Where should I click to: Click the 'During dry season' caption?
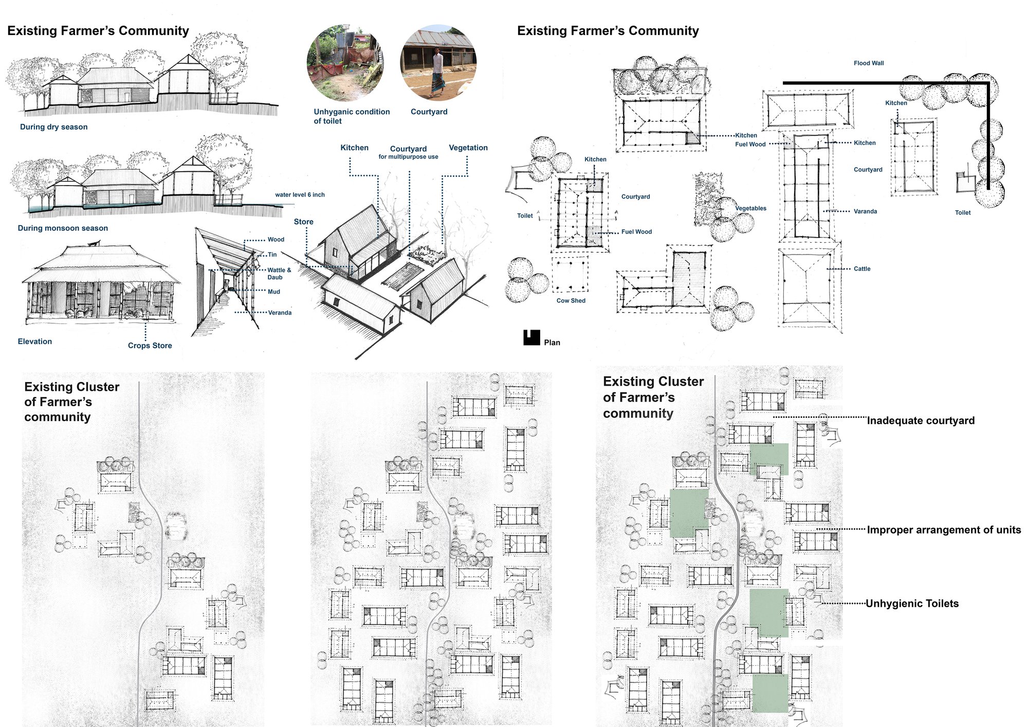(x=54, y=127)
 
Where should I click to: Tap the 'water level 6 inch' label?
(x=300, y=195)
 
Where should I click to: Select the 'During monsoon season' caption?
(x=63, y=228)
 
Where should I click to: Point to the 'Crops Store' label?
(x=150, y=346)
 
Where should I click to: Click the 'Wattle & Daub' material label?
(x=279, y=274)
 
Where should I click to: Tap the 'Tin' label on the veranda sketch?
(x=272, y=255)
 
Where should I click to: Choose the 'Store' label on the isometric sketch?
(x=304, y=222)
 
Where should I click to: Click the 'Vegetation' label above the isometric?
(x=468, y=148)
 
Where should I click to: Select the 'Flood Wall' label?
(x=869, y=63)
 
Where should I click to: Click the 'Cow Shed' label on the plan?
(x=571, y=301)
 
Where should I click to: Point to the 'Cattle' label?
(x=862, y=269)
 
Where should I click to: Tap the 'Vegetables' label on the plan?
(x=750, y=208)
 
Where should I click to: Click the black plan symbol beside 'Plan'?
(x=531, y=338)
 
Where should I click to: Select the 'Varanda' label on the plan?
(x=866, y=211)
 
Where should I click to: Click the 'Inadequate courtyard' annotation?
(x=921, y=421)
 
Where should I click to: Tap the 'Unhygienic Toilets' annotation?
(x=912, y=604)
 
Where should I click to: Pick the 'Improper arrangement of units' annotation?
(x=944, y=530)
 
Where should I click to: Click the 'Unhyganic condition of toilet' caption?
(x=352, y=116)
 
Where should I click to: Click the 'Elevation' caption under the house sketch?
(x=35, y=341)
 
